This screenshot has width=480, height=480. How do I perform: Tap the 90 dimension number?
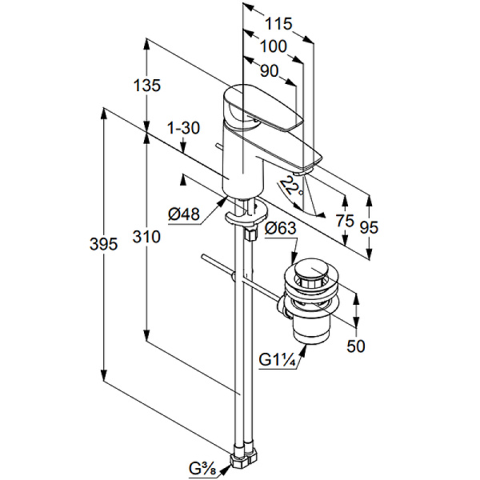click(270, 70)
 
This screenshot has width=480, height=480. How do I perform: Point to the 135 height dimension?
click(147, 84)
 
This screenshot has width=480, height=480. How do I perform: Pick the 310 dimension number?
click(147, 237)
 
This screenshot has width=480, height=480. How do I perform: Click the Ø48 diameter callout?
click(183, 214)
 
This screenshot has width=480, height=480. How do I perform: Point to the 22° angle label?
click(294, 189)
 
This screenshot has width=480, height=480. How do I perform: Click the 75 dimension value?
click(345, 221)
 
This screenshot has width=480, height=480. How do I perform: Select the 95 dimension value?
click(369, 226)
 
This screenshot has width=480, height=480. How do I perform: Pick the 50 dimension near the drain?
click(356, 346)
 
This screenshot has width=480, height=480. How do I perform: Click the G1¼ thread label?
click(278, 361)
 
